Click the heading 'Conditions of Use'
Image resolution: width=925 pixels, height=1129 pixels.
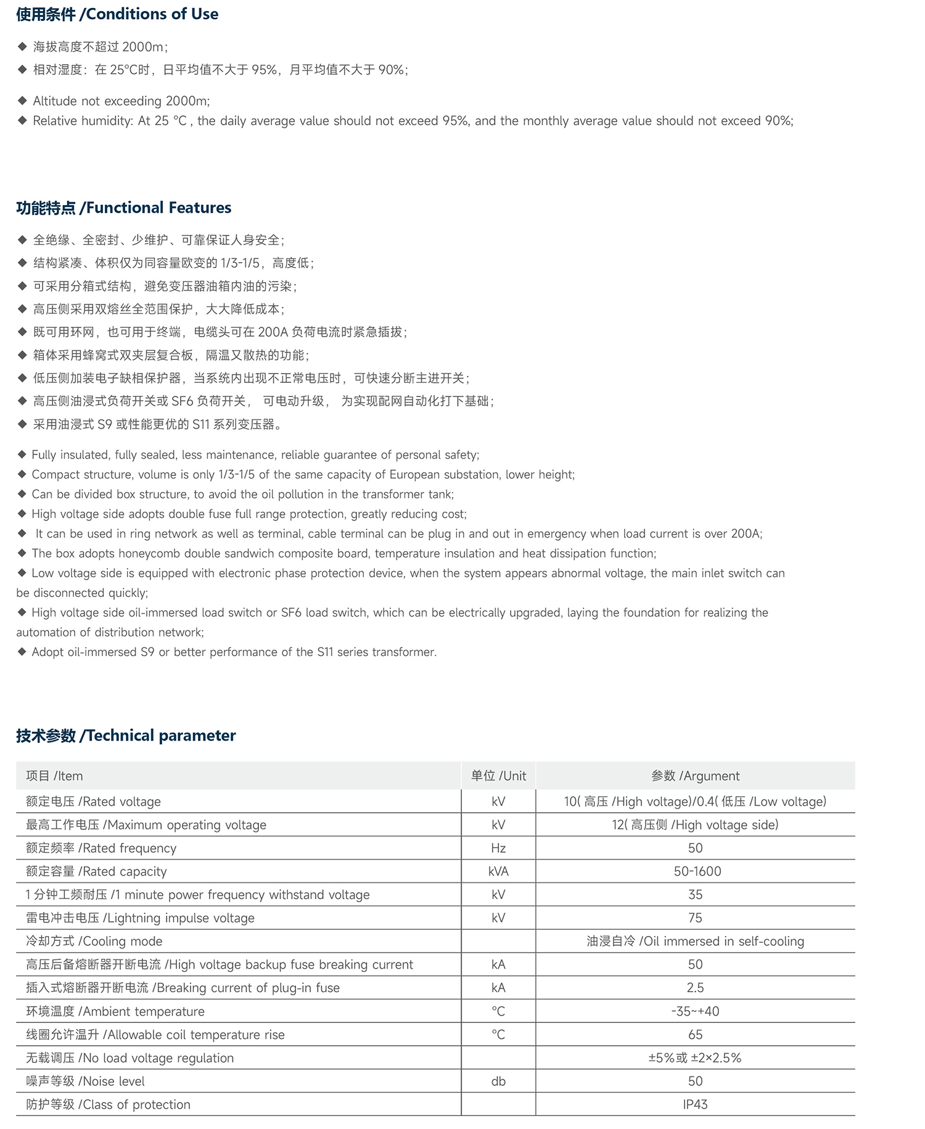[x=117, y=14]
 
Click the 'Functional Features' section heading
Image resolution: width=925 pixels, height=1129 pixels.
[x=124, y=208]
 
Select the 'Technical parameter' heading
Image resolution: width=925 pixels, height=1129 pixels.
[x=126, y=736]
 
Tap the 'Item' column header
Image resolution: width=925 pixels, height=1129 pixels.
[x=54, y=776]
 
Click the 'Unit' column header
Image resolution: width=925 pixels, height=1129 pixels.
[x=498, y=776]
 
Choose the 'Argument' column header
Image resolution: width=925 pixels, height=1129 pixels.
[x=695, y=776]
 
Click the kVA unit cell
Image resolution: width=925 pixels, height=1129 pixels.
[x=498, y=871]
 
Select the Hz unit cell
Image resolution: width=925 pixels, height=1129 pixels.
[x=498, y=848]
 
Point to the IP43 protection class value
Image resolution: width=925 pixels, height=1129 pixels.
[x=695, y=1104]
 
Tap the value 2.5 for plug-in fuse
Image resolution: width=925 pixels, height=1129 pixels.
[x=695, y=988]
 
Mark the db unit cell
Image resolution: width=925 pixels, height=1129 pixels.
[x=498, y=1081]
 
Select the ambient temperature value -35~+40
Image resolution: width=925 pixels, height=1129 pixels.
[x=695, y=1011]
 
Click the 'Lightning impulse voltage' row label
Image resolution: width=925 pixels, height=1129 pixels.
[x=140, y=918]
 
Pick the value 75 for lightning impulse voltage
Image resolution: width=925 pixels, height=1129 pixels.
[x=695, y=918]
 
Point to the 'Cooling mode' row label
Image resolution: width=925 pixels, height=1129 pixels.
[x=94, y=941]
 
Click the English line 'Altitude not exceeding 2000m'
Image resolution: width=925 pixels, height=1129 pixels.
[x=121, y=101]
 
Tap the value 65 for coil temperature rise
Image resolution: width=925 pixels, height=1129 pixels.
[x=695, y=1035]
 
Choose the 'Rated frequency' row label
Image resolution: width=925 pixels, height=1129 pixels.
[x=101, y=848]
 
